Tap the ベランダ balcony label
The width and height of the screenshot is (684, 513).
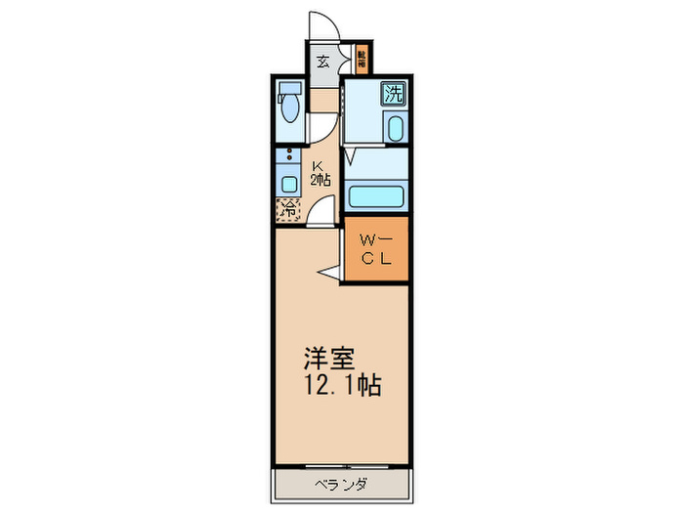click(x=340, y=485)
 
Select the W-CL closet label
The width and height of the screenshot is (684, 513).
click(x=374, y=250)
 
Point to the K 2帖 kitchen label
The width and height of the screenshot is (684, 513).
click(x=320, y=173)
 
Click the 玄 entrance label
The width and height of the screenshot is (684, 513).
click(x=323, y=61)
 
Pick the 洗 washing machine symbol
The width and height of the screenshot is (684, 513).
click(x=393, y=95)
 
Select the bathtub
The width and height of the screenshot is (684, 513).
click(x=376, y=193)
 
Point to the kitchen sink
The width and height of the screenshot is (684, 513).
click(x=289, y=183)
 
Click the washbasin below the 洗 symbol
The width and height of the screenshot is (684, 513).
click(x=394, y=128)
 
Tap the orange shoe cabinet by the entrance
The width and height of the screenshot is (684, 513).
click(x=362, y=61)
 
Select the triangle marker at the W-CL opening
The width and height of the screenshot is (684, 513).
click(x=330, y=273)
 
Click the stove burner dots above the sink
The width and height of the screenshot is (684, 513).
click(x=289, y=156)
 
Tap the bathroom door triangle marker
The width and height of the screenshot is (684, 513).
click(x=351, y=156)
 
